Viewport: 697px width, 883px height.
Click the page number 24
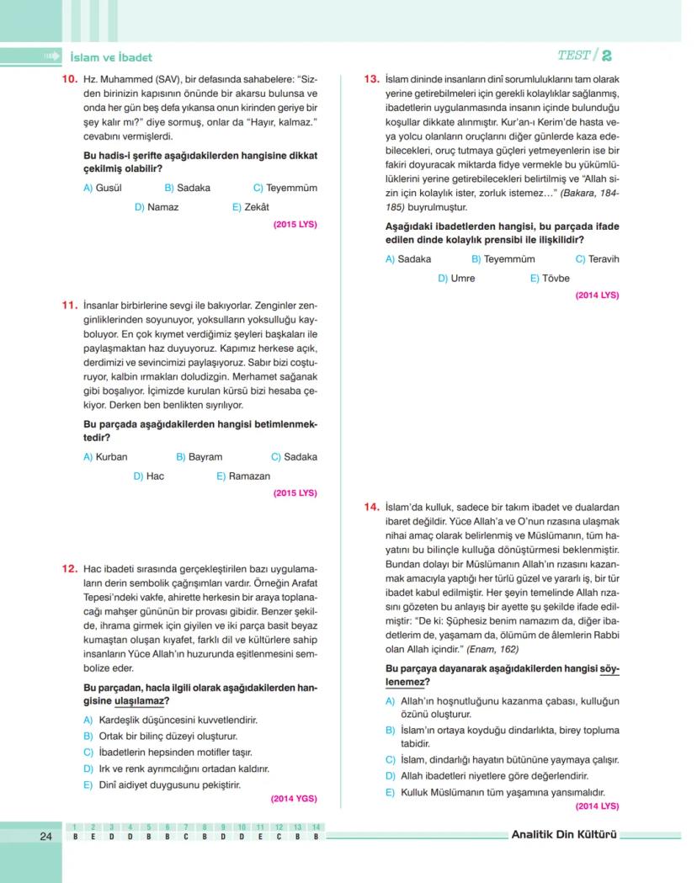pos(45,836)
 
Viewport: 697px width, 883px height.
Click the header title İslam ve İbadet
pos(111,57)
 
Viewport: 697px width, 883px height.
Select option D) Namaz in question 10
pos(157,207)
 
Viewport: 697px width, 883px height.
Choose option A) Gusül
pos(103,188)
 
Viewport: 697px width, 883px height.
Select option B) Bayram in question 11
pos(200,457)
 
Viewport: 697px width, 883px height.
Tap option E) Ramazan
pos(243,476)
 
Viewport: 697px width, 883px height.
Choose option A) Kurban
pos(105,457)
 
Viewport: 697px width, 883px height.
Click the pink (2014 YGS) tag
pos(294,798)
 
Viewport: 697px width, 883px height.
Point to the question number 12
pos(68,569)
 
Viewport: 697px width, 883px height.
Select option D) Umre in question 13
pos(456,278)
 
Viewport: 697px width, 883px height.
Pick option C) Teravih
pos(597,259)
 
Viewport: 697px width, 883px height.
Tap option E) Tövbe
pos(550,278)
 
